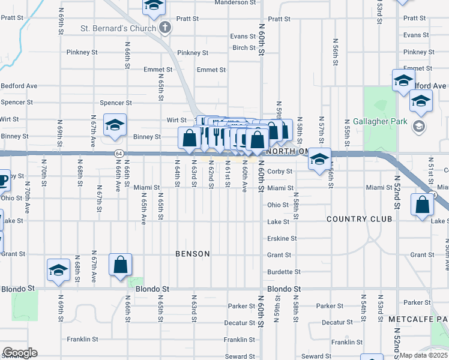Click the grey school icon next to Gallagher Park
click(419, 127)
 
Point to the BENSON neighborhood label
click(193, 254)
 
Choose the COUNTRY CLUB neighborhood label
click(355, 220)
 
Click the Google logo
click(20, 353)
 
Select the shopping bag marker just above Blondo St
click(120, 264)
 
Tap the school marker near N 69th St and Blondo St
click(59, 270)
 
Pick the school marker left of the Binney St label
click(115, 124)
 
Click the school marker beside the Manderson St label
click(154, 6)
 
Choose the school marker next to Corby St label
click(319, 160)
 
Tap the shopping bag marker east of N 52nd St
click(423, 204)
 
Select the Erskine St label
click(282, 238)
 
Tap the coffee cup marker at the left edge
click(2, 179)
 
